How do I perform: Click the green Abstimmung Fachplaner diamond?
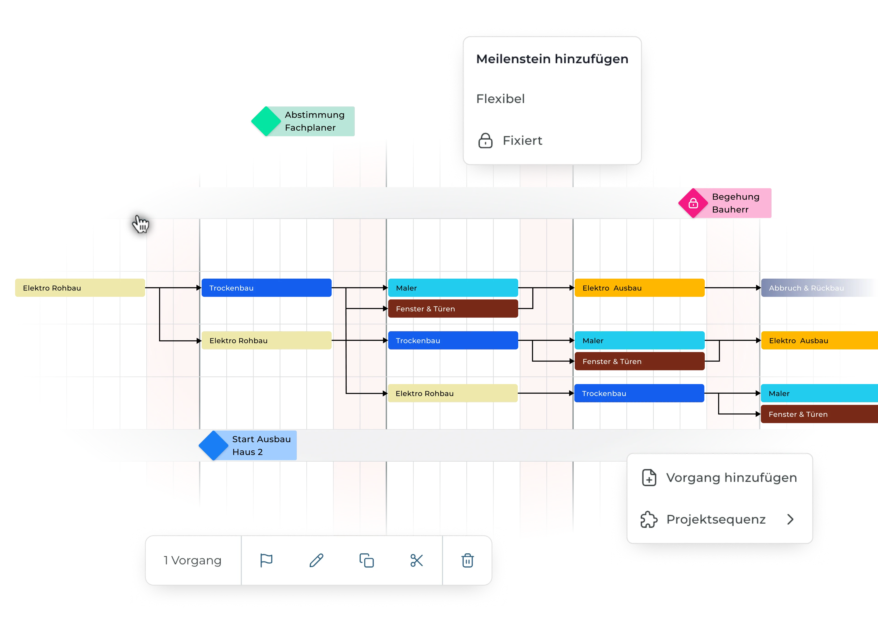tap(265, 121)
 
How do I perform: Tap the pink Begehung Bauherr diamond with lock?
tap(693, 203)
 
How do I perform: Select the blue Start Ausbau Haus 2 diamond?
tap(213, 445)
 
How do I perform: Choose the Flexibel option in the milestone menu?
tap(500, 99)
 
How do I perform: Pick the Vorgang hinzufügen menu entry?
tap(731, 478)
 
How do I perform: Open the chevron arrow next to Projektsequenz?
tap(790, 519)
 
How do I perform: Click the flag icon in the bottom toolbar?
tap(266, 560)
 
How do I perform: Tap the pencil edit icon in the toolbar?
tap(316, 560)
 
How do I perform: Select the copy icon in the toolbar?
tap(366, 560)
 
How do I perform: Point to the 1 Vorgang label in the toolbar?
tap(192, 560)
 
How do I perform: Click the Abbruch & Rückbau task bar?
tap(813, 288)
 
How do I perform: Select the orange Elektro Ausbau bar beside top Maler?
tap(639, 288)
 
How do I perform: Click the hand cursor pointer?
tap(141, 223)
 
